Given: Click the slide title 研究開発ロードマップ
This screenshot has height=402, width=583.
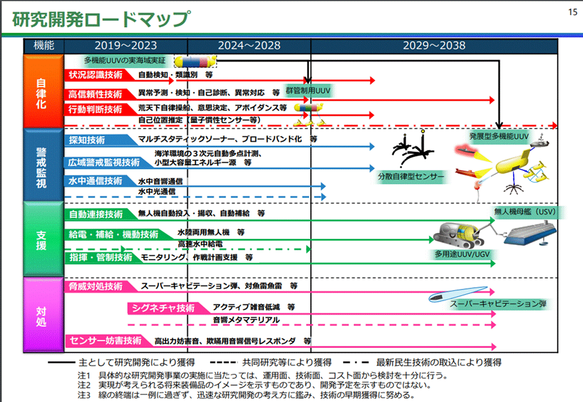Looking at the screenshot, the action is pyautogui.click(x=101, y=18).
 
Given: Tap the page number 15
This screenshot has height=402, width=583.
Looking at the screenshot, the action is pyautogui.click(x=572, y=12).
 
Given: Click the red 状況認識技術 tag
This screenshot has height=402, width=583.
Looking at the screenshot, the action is pyautogui.click(x=95, y=74).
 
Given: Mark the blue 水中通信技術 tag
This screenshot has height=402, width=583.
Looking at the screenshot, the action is pyautogui.click(x=95, y=181).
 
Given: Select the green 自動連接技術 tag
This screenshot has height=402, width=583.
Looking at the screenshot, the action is pyautogui.click(x=96, y=214).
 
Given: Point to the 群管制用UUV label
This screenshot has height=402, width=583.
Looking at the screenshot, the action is pyautogui.click(x=309, y=90).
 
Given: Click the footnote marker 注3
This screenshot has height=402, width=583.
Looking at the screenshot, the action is pyautogui.click(x=85, y=395).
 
